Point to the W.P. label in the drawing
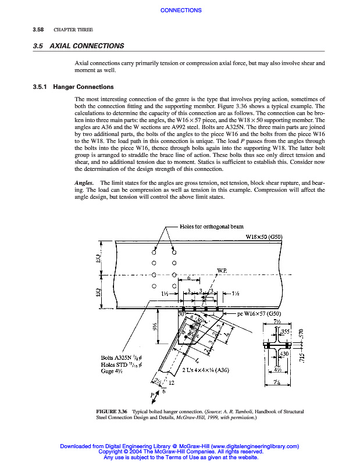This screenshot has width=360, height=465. tap(222, 270)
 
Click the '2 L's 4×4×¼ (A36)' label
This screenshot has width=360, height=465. tap(206, 370)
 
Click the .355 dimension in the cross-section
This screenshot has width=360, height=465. tap(285, 331)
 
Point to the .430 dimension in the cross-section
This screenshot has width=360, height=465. tap(285, 353)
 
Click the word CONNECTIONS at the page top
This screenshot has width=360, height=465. tap(180, 10)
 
